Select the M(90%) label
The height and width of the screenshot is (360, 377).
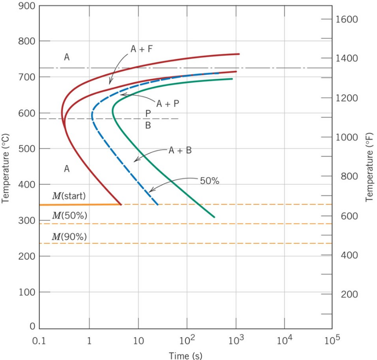[69, 237]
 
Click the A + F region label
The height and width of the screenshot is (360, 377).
[141, 50]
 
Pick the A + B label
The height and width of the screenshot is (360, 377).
[180, 150]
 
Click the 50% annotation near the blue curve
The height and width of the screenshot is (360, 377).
[209, 181]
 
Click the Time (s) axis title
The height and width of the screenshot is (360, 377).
[185, 354]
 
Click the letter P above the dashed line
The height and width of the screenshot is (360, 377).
[148, 113]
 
